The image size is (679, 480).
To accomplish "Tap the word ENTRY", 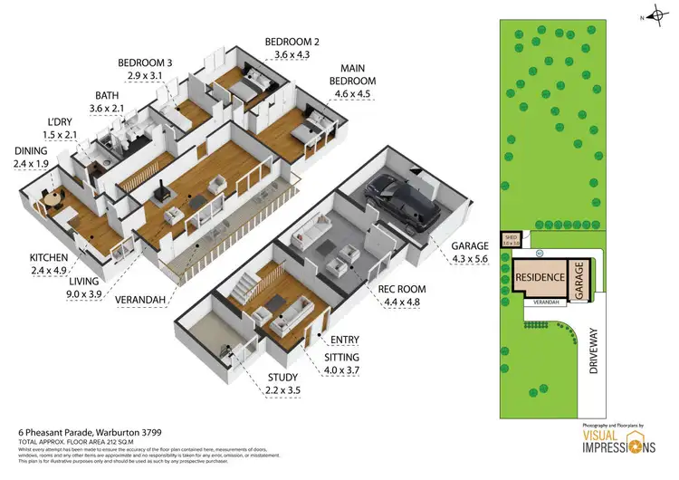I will coord(345,340).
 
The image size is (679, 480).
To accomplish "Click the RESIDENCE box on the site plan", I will coord(540,277).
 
